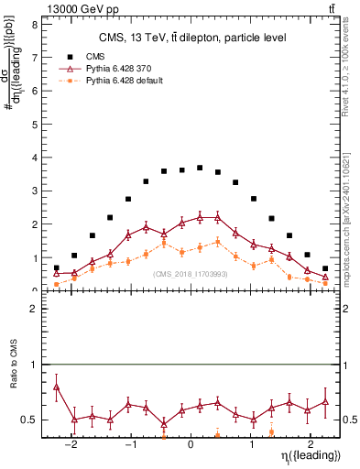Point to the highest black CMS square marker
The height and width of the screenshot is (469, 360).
click(200, 168)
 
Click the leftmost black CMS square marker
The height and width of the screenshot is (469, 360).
click(56, 267)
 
